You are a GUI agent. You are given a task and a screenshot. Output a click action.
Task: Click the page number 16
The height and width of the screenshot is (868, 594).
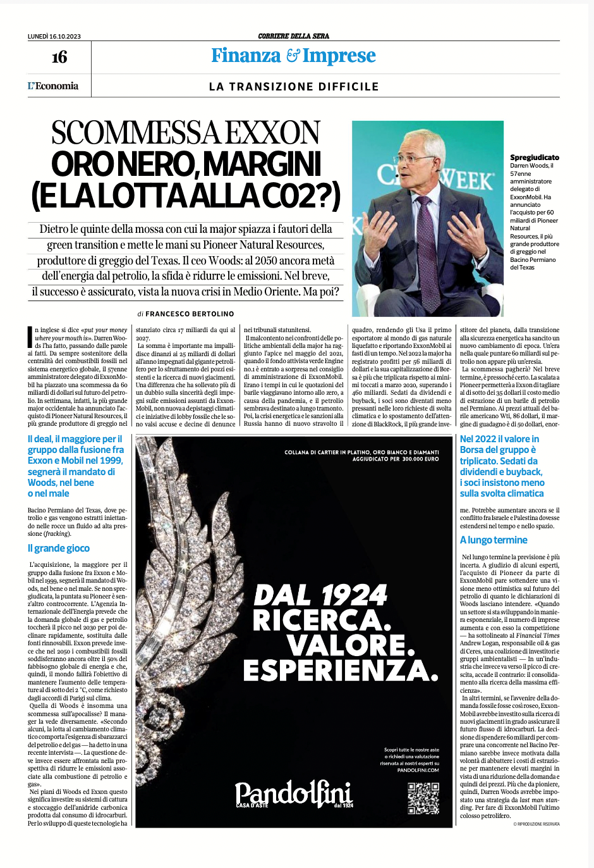(59, 58)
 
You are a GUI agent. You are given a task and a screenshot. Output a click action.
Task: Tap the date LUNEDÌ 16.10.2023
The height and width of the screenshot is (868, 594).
(54, 36)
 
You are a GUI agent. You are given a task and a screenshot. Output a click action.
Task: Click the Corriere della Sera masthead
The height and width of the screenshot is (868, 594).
(293, 36)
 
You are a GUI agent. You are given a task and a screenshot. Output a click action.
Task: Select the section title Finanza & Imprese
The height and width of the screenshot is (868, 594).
(293, 56)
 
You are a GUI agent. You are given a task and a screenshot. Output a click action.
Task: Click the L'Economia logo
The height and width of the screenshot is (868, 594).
(53, 86)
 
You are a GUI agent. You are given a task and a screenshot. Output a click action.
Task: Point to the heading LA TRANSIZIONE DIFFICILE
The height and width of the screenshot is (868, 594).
(294, 87)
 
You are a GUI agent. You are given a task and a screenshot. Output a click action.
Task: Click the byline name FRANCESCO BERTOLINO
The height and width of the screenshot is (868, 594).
(190, 314)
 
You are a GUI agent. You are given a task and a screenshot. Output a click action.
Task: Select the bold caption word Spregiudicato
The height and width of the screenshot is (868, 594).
(535, 158)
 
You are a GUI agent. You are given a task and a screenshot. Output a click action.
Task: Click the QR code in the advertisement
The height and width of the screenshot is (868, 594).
(423, 798)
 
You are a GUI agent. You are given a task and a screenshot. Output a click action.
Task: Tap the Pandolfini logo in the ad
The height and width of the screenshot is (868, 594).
(293, 795)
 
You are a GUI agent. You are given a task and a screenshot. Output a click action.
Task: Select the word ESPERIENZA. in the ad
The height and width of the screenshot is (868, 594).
(341, 671)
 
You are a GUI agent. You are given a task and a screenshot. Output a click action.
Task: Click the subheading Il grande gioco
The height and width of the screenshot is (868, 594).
(59, 549)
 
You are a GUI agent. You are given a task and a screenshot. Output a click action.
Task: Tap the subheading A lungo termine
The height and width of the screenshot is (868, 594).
(494, 540)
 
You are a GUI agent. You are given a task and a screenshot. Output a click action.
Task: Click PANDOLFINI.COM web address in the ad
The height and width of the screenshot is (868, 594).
(418, 770)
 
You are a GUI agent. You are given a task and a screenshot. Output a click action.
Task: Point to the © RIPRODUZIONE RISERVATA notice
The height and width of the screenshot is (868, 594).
(536, 824)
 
